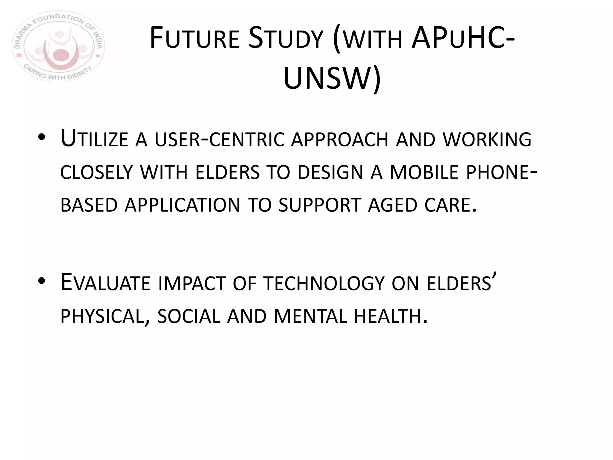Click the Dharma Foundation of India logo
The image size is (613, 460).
[x=58, y=46]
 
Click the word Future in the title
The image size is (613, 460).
[x=195, y=39]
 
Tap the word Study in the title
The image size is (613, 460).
[x=286, y=39]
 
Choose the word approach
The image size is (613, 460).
[x=339, y=140]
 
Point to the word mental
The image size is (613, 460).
[x=310, y=317]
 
